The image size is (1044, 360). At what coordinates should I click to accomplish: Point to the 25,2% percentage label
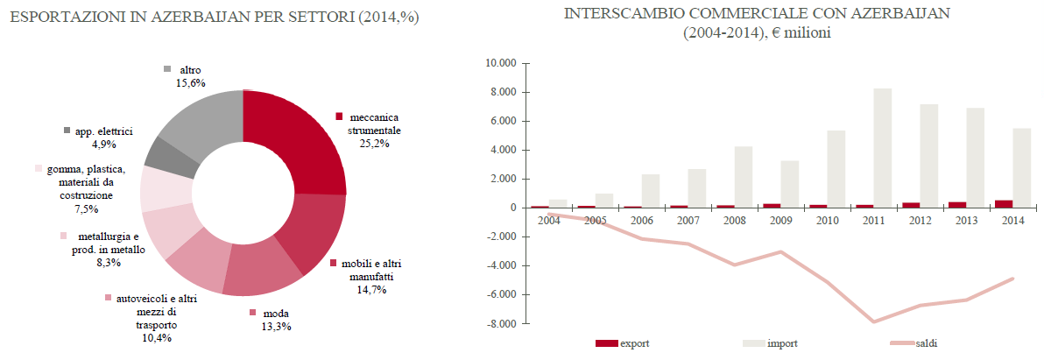[375, 144]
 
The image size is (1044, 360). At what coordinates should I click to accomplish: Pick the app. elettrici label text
[103, 131]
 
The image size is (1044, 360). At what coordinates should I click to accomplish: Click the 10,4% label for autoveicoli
[156, 337]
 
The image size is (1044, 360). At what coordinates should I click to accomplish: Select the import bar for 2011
[882, 148]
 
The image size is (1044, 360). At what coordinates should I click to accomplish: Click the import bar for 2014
[1022, 167]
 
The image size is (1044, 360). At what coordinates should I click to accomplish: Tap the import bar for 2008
[743, 177]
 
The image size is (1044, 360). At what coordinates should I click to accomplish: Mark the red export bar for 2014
[1002, 203]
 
